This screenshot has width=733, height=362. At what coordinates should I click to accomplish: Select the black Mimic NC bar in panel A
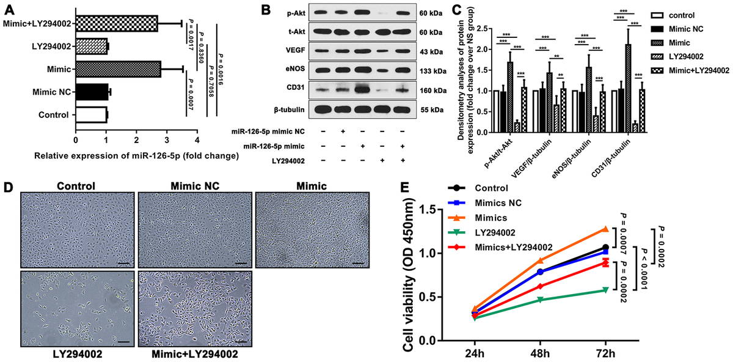coord(90,92)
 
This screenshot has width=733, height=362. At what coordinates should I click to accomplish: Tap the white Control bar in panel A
coord(90,114)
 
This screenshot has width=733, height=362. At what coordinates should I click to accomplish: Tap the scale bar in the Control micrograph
coord(123,264)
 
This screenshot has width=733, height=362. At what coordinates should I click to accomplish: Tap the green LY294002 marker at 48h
coord(540,300)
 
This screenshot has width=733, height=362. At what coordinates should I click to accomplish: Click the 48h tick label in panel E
coord(540,353)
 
